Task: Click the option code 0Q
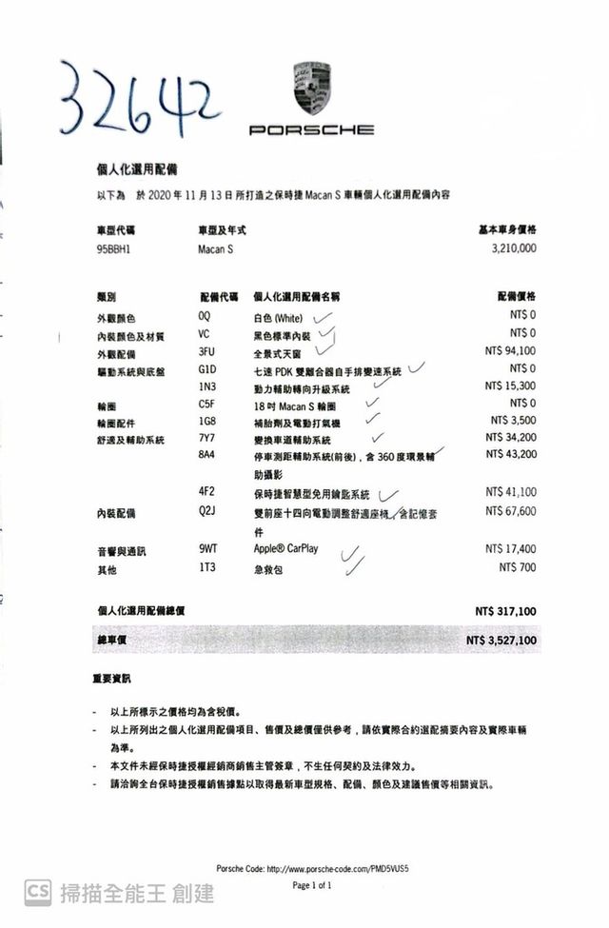205,315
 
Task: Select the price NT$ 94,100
510,351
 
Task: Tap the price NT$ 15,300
510,386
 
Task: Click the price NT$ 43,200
510,455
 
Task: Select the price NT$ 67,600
510,512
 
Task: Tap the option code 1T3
206,567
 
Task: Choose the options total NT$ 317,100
505,610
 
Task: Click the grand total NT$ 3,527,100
501,642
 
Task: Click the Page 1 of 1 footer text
312,886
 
